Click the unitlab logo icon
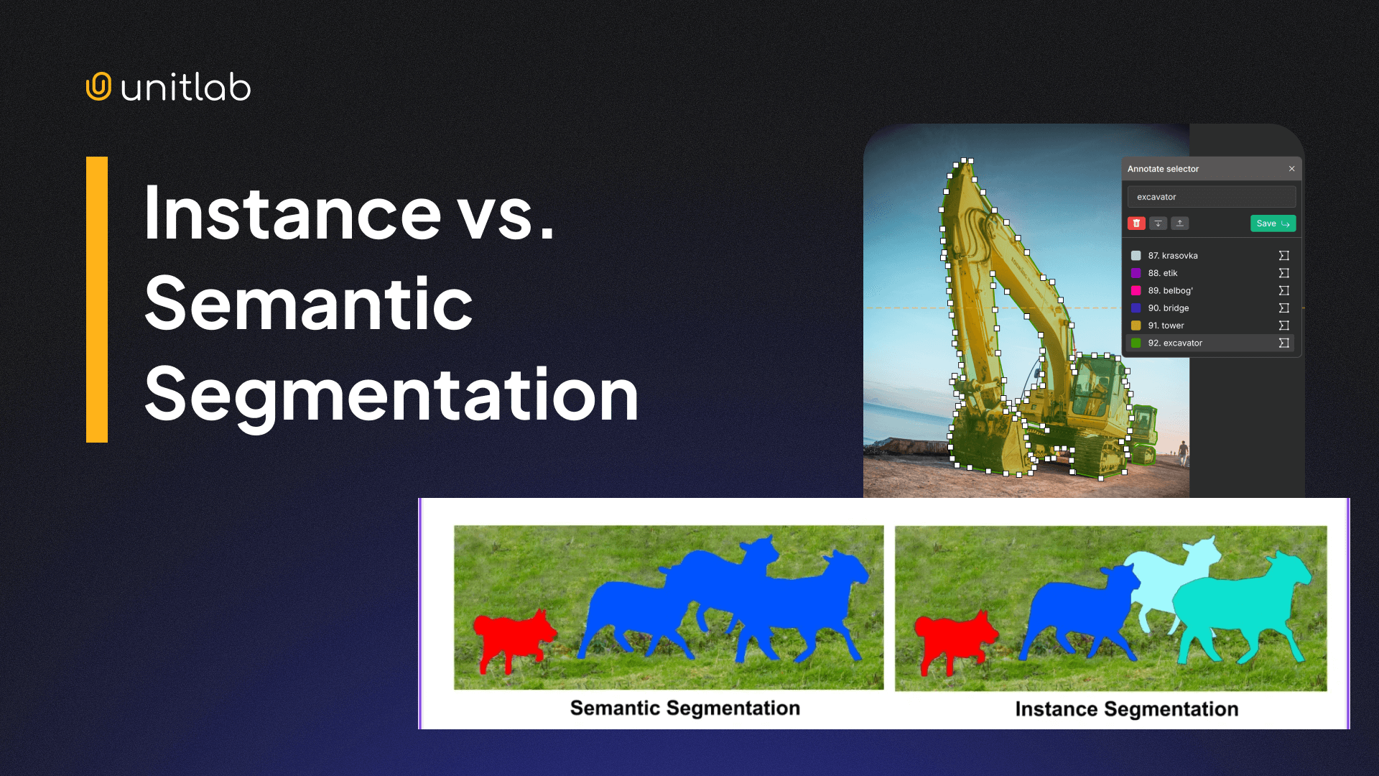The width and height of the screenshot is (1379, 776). click(x=99, y=86)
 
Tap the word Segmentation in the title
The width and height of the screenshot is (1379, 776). click(x=391, y=394)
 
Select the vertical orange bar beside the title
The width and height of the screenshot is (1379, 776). click(x=97, y=299)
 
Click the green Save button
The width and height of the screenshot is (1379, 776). click(x=1273, y=223)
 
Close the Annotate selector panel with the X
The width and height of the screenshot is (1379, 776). click(x=1291, y=169)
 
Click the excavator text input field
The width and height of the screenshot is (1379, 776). click(x=1211, y=197)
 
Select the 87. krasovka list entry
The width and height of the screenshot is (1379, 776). click(x=1172, y=256)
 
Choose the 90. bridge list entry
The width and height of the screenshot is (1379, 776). click(x=1168, y=308)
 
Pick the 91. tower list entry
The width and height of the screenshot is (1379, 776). click(x=1166, y=325)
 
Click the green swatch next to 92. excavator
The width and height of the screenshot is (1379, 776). click(x=1136, y=343)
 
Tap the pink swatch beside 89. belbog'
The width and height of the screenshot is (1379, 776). click(x=1136, y=291)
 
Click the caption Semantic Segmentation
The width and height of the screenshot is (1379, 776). click(x=684, y=708)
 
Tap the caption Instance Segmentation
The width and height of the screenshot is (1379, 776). click(x=1126, y=709)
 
